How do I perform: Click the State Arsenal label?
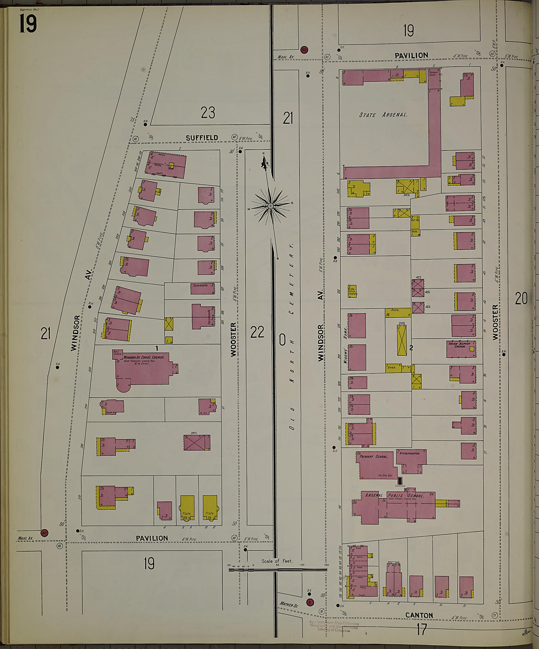(x=383, y=115)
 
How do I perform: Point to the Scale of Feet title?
(x=277, y=561)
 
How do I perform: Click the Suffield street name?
(x=202, y=138)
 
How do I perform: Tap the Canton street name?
(x=419, y=615)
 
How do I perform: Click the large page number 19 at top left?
(x=28, y=24)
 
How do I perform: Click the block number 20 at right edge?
(x=521, y=299)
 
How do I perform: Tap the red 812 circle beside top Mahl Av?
(x=305, y=50)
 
